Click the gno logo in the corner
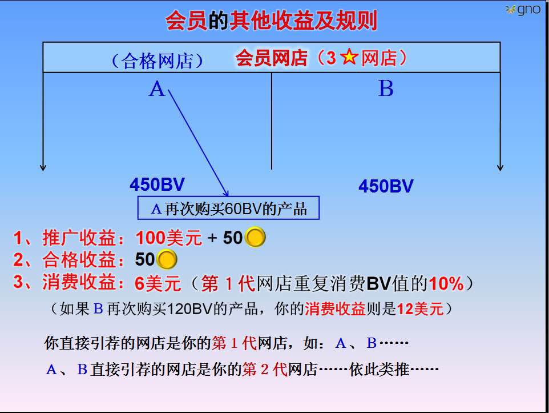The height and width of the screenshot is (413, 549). [523, 10]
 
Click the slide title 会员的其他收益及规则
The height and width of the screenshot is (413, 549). [271, 21]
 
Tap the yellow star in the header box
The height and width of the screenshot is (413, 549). [349, 57]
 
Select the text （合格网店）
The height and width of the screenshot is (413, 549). [157, 61]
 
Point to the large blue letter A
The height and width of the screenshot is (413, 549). [156, 89]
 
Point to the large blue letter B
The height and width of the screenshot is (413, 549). [386, 89]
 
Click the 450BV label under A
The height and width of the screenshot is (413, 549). [157, 185]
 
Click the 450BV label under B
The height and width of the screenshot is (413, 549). [386, 186]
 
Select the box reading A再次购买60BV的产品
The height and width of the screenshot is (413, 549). [228, 208]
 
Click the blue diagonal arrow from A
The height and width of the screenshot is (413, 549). [199, 143]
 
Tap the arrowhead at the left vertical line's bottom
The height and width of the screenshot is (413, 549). [43, 167]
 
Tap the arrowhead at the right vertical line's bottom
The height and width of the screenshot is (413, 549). [500, 167]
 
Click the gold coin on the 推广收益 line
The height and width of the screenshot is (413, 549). [255, 238]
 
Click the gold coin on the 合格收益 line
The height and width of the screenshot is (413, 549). [167, 259]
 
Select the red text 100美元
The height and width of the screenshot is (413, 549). [169, 238]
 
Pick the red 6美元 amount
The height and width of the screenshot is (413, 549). [158, 283]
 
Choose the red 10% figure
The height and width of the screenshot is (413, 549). [446, 283]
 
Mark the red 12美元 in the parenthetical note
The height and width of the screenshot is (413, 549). [420, 309]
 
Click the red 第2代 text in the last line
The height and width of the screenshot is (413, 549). [265, 369]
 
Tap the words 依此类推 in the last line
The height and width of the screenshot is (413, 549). [379, 369]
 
